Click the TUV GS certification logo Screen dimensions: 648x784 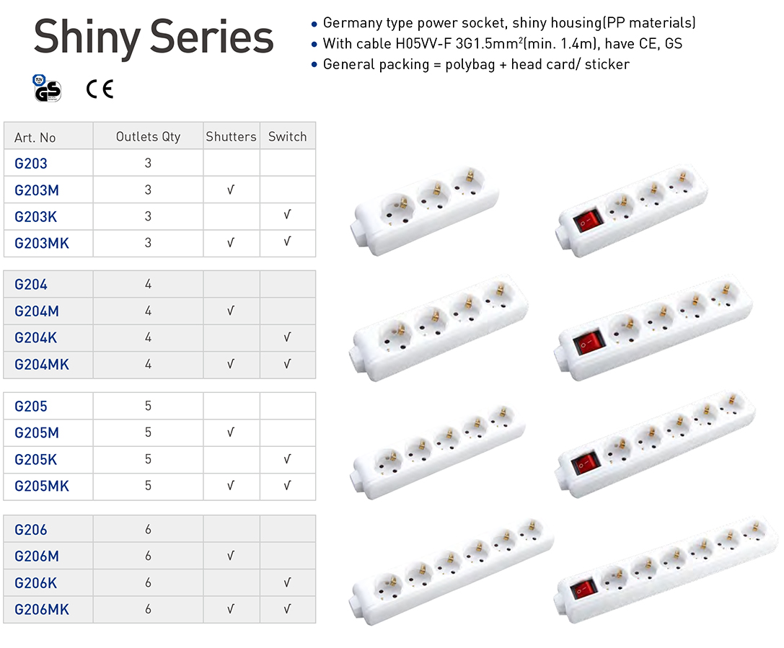47,88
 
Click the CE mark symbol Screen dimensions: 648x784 100,89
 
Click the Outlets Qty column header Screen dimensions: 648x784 148,136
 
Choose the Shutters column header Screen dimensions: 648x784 231,136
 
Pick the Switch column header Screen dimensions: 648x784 287,136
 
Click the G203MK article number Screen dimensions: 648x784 42,243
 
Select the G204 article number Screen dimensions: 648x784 31,284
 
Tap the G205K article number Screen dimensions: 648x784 35,459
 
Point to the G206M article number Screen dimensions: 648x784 37,556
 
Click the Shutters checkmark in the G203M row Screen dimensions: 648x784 231,190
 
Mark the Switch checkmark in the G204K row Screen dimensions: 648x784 287,337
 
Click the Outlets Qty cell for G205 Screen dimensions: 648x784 148,406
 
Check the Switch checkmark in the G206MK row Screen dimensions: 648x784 287,609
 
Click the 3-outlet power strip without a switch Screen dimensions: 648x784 426,208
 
